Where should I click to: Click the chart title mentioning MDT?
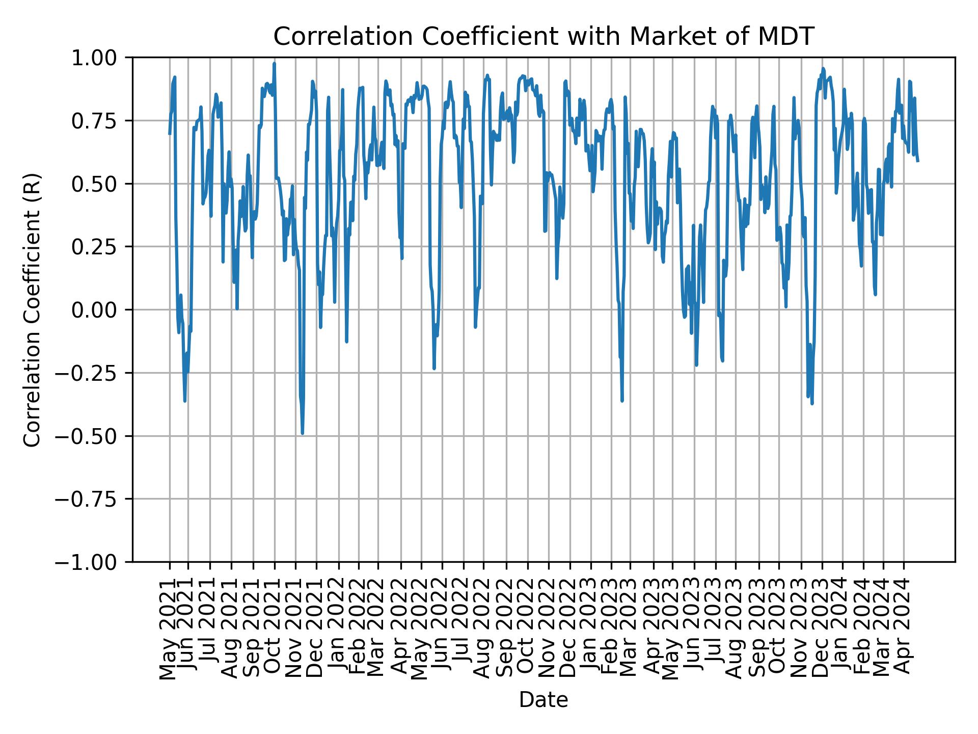click(x=544, y=37)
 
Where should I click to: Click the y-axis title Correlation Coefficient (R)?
click(x=32, y=309)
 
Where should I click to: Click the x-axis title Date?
click(x=544, y=700)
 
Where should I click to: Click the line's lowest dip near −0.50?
click(x=303, y=433)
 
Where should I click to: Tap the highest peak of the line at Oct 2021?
click(x=274, y=64)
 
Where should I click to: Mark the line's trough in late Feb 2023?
click(x=622, y=401)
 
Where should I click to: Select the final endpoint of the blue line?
click(x=918, y=161)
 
